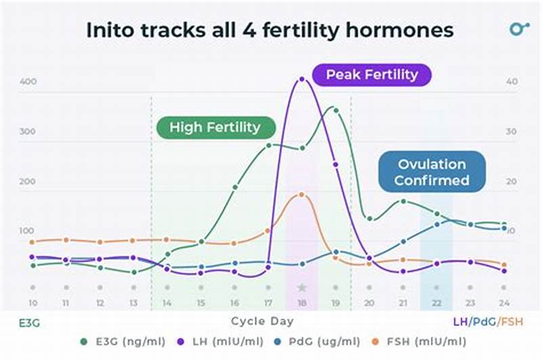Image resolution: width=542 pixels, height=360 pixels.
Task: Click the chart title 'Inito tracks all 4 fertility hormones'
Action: click(x=269, y=31)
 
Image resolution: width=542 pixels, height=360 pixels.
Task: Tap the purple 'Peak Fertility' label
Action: click(x=371, y=75)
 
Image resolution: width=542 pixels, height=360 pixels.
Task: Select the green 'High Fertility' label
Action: click(x=215, y=127)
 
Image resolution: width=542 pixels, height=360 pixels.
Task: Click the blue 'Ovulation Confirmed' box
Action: click(x=432, y=172)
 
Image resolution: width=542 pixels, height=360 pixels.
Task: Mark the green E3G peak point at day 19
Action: click(x=334, y=108)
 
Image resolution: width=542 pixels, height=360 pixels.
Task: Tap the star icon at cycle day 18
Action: click(x=302, y=287)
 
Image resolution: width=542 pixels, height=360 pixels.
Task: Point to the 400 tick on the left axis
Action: click(x=27, y=82)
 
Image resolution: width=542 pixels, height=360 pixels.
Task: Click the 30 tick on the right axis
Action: click(x=512, y=132)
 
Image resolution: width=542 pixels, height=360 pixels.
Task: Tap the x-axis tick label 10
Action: click(x=33, y=303)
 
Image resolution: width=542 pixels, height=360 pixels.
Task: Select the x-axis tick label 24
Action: click(x=503, y=303)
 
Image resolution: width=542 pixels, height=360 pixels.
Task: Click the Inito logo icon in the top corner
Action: click(x=519, y=29)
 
